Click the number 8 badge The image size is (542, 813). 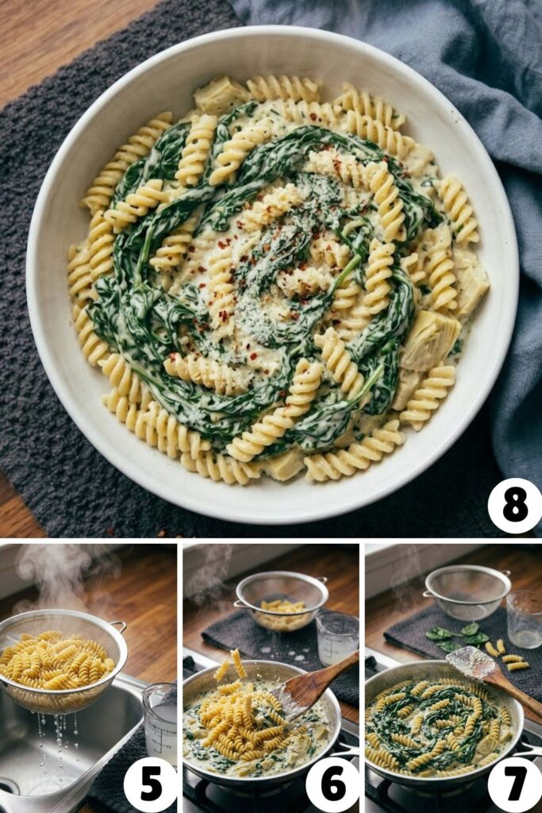click(x=514, y=505)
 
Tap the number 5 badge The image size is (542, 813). click(x=150, y=784)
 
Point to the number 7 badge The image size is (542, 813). click(x=514, y=784)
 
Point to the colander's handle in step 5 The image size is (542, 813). click(x=117, y=627)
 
